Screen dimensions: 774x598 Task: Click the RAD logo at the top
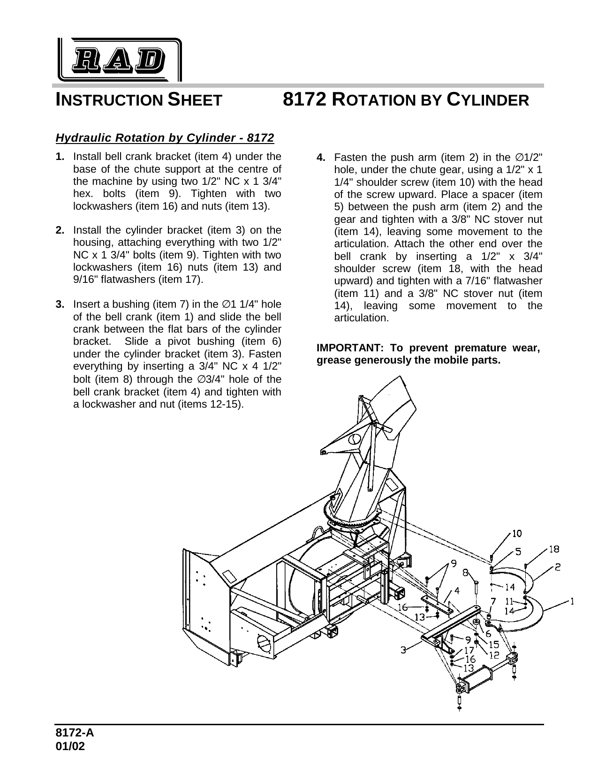[120, 59]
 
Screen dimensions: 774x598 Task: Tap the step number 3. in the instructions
[60, 304]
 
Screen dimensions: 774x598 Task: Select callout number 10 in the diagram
[516, 533]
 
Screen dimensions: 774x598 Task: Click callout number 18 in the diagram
[554, 549]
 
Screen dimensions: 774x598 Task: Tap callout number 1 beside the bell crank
[572, 601]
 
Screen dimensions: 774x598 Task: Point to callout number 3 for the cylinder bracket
[403, 650]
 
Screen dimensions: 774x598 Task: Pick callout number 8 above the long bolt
[465, 573]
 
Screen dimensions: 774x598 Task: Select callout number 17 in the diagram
[469, 650]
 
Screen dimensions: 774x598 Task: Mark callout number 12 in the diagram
[493, 654]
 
